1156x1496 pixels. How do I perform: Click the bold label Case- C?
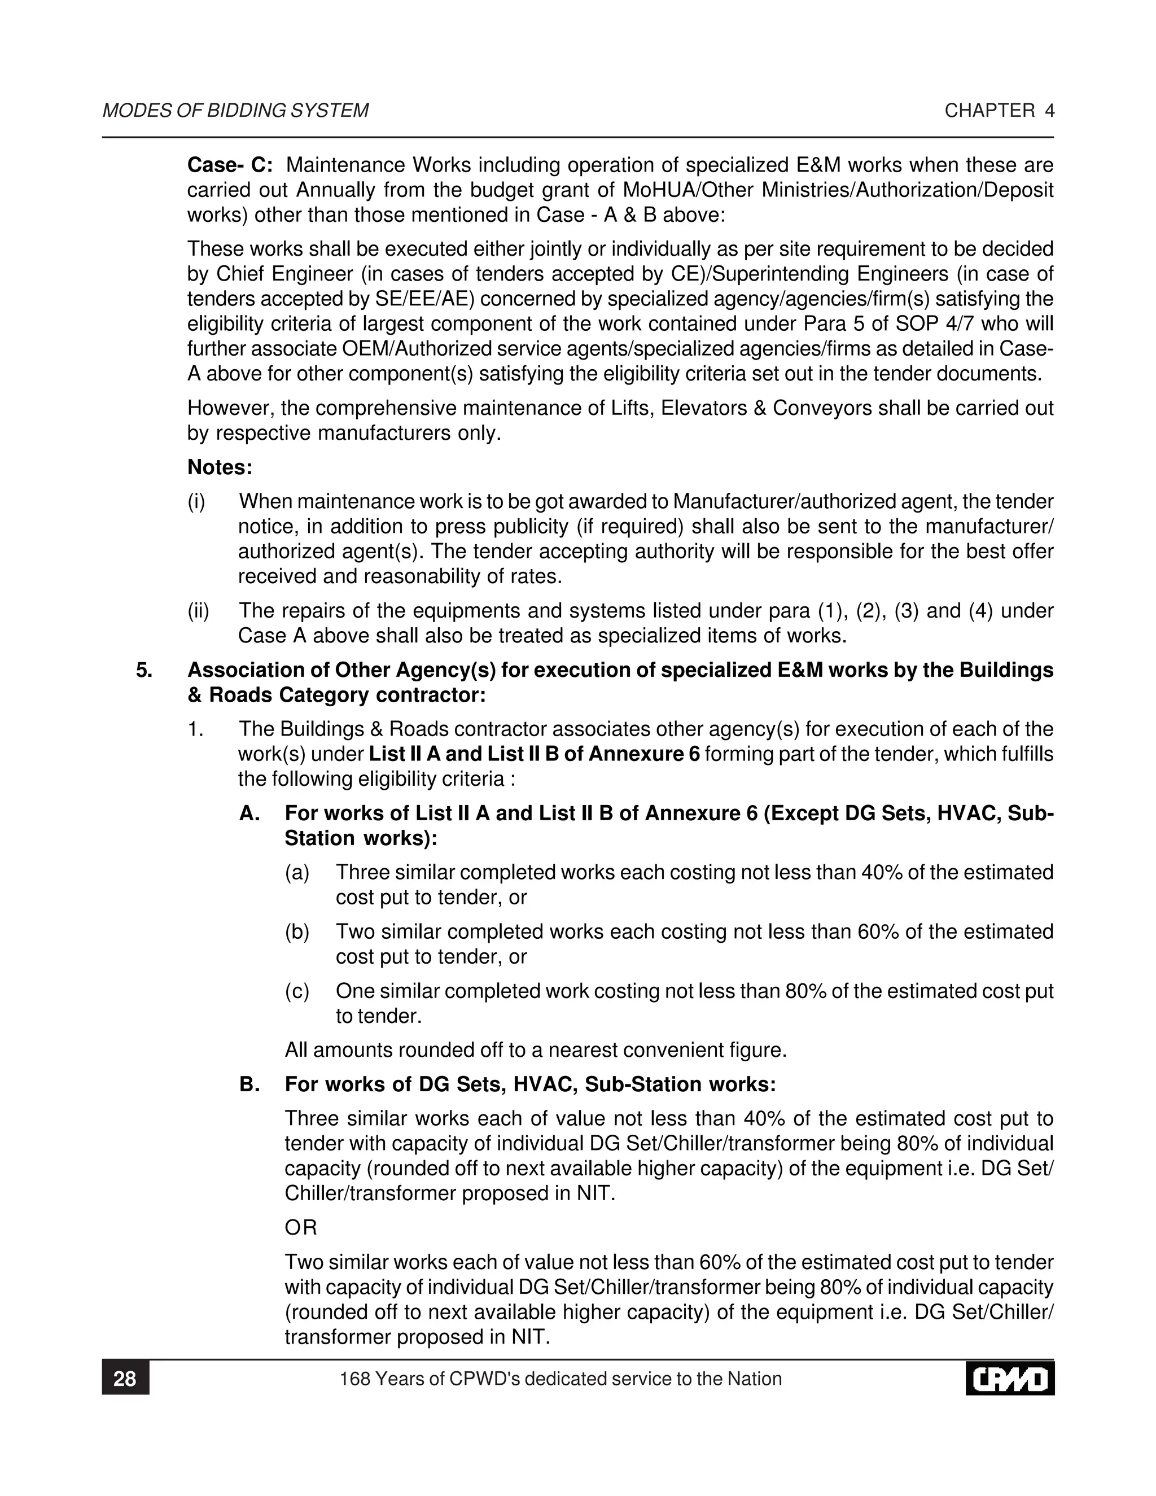tap(230, 165)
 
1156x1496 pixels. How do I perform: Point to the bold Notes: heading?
tap(220, 468)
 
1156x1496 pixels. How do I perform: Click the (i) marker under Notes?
tap(196, 501)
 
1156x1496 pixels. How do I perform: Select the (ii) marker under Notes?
tap(199, 610)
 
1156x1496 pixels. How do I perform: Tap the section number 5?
tap(144, 670)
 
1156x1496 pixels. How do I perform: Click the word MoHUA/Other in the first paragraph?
tap(688, 190)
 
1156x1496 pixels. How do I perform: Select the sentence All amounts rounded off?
tap(536, 1050)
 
